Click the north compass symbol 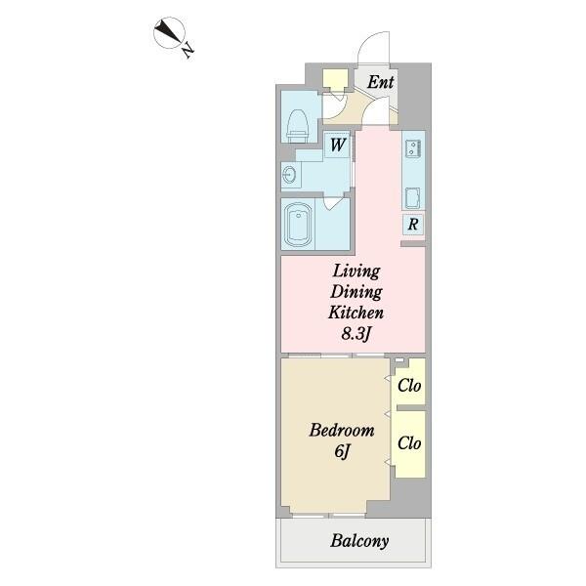coord(169,32)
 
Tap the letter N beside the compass coord(188,50)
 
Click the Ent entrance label coord(381,82)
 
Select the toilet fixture coord(298,125)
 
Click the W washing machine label coord(338,145)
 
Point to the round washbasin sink coord(290,174)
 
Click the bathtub coord(298,223)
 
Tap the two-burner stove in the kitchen coord(413,146)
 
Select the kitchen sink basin coord(412,198)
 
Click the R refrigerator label coord(413,225)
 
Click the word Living coord(356,272)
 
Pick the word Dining coord(356,292)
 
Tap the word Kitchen coord(356,313)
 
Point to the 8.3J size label coord(356,334)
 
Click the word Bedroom coord(342,430)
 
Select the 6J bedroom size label coord(342,451)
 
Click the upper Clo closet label coord(409,386)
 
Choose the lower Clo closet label coord(409,443)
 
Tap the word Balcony coord(359,541)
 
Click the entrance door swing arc coord(366,41)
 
